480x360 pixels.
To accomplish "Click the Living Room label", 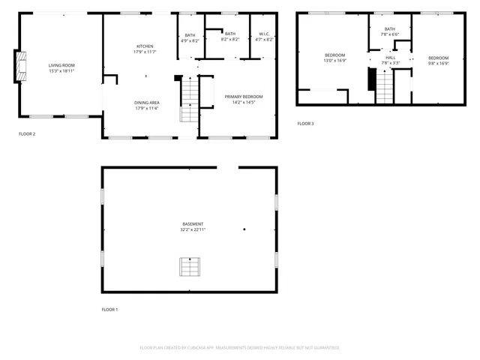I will [61, 65].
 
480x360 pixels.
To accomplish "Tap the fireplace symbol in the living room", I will [20, 66].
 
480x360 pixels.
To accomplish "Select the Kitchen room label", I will [145, 46].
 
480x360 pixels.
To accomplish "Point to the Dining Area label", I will [146, 102].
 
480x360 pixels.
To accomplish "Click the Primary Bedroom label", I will [244, 96].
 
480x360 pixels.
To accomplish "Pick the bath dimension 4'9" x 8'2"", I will [190, 40].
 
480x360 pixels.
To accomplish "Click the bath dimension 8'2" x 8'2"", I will [230, 40].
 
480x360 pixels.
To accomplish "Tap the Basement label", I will [192, 223].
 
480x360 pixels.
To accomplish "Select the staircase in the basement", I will [190, 266].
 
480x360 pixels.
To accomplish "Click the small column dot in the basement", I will [244, 229].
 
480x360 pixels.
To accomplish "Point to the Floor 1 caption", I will [109, 309].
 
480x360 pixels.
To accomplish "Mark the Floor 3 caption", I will [305, 123].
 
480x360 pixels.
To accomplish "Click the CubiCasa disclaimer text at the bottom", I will [239, 347].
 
